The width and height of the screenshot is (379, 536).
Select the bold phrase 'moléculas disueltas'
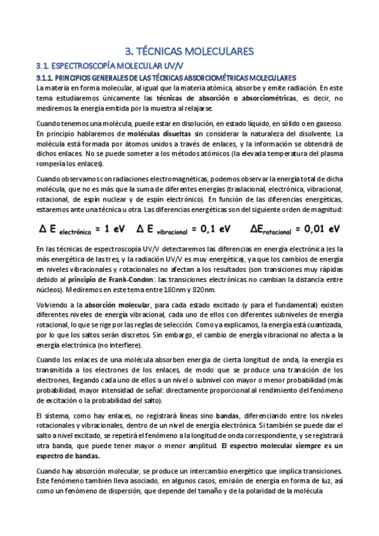(x=158, y=134)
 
